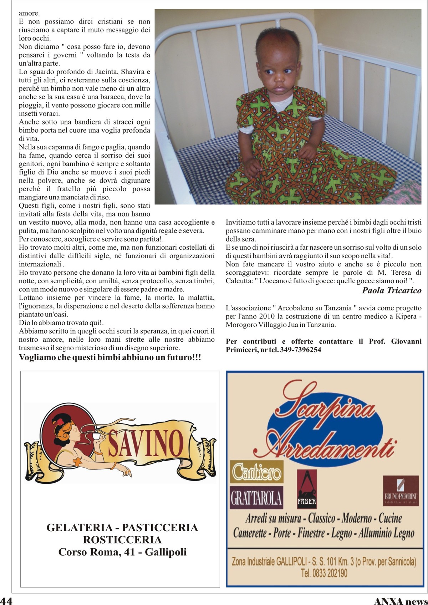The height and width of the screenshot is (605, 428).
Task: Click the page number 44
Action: pos(6,600)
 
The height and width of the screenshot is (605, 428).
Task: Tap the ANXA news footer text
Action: pos(400,601)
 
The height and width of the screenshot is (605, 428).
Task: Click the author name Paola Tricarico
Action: pos(392,290)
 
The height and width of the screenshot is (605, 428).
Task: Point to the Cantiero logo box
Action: pos(257,471)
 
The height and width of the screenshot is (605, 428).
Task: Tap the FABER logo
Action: pos(307,489)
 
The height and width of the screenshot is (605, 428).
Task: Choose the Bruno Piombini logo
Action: pos(401,489)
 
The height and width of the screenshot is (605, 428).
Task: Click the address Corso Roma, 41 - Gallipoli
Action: pos(122,552)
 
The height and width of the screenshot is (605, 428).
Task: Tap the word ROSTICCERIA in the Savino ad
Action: pos(122,539)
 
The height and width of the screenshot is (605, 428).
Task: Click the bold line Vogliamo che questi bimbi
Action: pos(110,357)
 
